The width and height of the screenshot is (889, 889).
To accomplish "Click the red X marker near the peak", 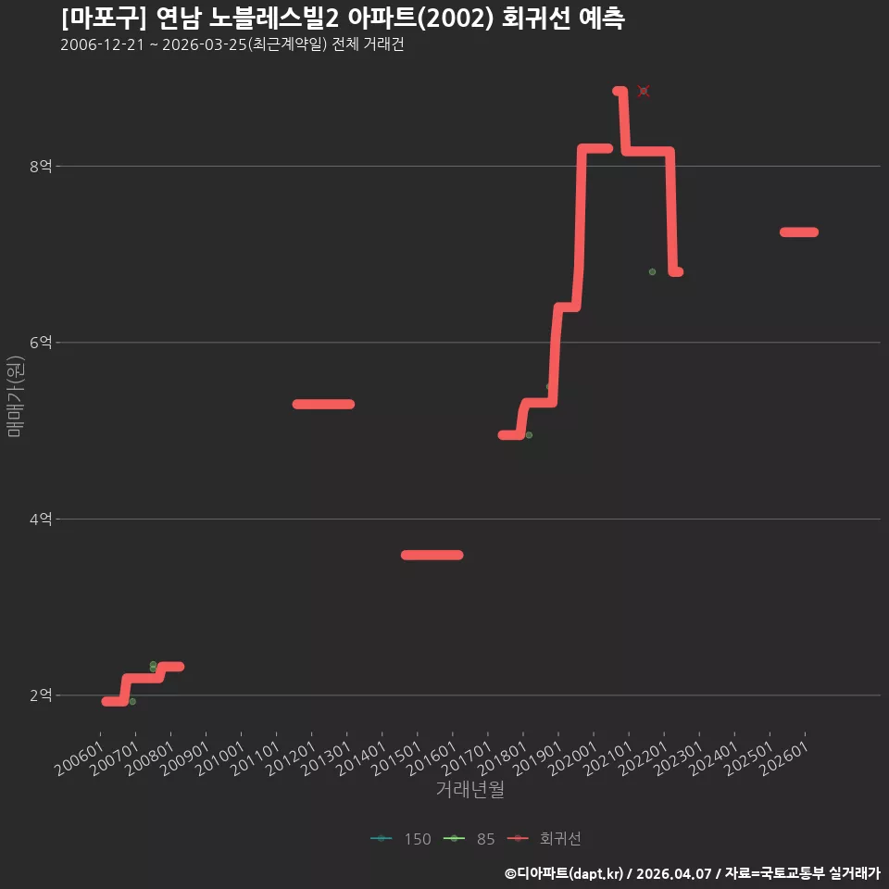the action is tap(643, 91).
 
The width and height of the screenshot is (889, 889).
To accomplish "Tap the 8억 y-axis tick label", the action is tap(41, 166).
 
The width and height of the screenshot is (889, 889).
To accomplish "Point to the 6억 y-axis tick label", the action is tap(41, 343).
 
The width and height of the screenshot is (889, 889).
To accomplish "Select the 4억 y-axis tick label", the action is tap(41, 519).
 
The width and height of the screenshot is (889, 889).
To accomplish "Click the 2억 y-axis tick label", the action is tap(41, 695).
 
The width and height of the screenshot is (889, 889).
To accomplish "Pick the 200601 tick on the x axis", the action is tap(80, 758).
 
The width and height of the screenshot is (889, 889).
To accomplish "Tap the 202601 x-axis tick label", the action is tap(784, 758).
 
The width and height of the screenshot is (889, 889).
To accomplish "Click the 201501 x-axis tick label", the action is tap(397, 758).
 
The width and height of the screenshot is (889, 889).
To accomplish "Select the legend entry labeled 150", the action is tap(401, 839).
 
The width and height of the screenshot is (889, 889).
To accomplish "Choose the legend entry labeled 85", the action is tap(469, 839).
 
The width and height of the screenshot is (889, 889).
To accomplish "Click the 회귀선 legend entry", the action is tap(545, 839).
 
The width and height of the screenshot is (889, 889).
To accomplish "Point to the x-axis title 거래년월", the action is tap(470, 789).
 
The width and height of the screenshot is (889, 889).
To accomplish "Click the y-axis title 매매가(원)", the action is tap(16, 396).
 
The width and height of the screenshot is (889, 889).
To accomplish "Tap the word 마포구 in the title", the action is tap(103, 19).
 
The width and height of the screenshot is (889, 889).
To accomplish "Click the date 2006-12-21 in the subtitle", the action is tap(103, 44).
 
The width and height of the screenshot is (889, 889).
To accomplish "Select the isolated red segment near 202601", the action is tap(799, 232).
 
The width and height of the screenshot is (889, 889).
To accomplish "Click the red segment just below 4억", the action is tap(432, 555).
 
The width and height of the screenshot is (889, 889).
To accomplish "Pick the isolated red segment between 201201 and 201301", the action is tap(323, 405).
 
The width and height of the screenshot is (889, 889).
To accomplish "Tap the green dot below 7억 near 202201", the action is tap(652, 272).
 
